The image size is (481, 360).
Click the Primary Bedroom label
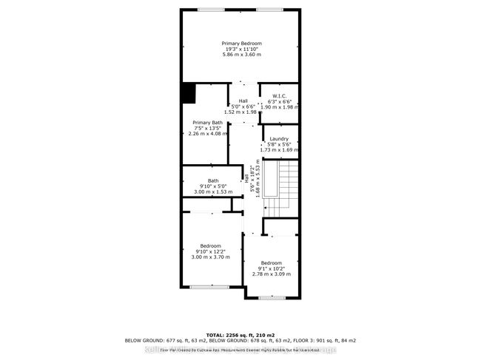pos(241,44)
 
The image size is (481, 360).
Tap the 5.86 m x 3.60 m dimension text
pos(241,57)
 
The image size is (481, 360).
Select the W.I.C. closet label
pos(279,95)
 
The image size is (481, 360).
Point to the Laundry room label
pos(279,138)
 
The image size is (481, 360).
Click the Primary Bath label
pos(207,122)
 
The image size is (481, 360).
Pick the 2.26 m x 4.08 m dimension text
pos(207,134)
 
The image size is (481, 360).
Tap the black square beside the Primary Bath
pos(189,94)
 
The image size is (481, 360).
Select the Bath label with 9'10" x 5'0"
pos(213,180)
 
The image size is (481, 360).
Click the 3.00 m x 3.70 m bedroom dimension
pos(211,257)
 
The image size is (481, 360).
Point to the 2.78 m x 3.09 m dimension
pos(270,275)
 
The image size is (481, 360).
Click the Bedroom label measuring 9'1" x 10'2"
pos(270,263)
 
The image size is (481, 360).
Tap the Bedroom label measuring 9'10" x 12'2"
pos(211,245)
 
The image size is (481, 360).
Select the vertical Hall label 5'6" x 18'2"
pos(252,179)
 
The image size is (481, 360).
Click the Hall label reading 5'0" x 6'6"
pos(243,101)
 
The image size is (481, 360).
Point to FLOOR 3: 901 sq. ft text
pos(324,341)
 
